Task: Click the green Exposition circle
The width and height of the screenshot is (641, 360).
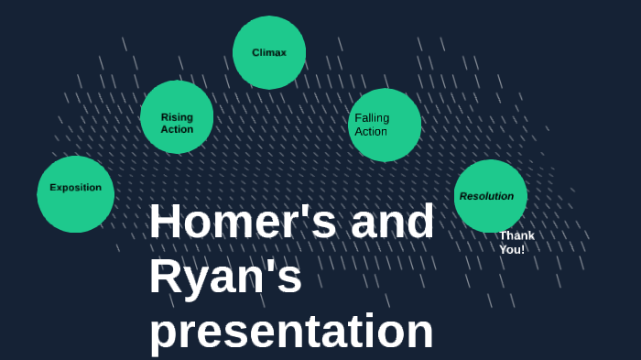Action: click(x=75, y=193)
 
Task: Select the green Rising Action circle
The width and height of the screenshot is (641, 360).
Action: click(x=177, y=117)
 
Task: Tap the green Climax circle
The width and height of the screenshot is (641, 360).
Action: click(x=269, y=52)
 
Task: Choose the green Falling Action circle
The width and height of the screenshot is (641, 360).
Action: click(x=386, y=125)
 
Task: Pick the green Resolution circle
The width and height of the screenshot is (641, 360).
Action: click(x=490, y=196)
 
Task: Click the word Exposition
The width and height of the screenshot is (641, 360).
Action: click(x=75, y=188)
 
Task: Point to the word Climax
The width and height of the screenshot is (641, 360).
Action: click(x=269, y=53)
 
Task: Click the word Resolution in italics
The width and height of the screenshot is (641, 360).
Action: click(x=486, y=196)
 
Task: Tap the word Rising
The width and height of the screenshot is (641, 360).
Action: click(x=177, y=117)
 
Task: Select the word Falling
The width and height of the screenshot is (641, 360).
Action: click(x=372, y=118)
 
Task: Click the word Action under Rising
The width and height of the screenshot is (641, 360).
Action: click(x=177, y=129)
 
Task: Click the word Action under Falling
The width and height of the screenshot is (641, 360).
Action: click(x=371, y=131)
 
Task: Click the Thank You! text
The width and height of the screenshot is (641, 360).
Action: click(x=516, y=243)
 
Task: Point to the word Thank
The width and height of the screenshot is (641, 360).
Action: click(x=516, y=235)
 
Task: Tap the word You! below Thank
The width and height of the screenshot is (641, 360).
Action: click(x=512, y=249)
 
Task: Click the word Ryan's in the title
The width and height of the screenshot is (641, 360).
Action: click(x=225, y=278)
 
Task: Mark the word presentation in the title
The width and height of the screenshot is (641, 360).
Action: click(x=291, y=332)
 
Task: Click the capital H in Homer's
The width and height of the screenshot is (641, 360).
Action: click(x=166, y=223)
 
